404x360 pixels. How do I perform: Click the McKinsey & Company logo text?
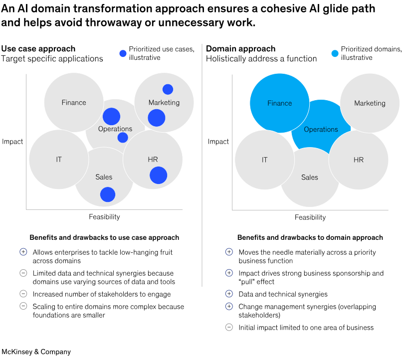pyautogui.click(x=36, y=352)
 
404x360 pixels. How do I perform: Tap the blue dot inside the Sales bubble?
pyautogui.click(x=108, y=194)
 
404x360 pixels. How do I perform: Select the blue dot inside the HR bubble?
pyautogui.click(x=158, y=176)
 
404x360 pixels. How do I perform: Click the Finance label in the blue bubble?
pyautogui.click(x=279, y=103)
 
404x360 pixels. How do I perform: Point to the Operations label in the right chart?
pyautogui.click(x=321, y=130)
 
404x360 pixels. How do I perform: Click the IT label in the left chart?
pyautogui.click(x=59, y=160)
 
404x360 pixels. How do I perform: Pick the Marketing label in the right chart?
pyautogui.click(x=370, y=103)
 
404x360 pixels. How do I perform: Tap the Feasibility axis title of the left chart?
pyautogui.click(x=104, y=217)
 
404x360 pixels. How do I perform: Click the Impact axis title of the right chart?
pyautogui.click(x=218, y=142)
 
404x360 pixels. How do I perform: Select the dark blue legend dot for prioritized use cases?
pyautogui.click(x=123, y=53)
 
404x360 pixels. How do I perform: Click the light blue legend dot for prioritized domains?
pyautogui.click(x=335, y=53)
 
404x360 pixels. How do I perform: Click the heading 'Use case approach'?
pyautogui.click(x=38, y=49)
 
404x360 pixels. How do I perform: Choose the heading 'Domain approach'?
pyautogui.click(x=240, y=49)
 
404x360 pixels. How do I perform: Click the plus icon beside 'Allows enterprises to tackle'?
pyautogui.click(x=23, y=252)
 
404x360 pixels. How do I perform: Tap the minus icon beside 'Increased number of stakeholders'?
pyautogui.click(x=23, y=294)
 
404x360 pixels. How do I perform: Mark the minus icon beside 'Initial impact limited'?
pyautogui.click(x=229, y=328)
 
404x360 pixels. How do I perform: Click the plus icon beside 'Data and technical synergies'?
pyautogui.click(x=229, y=294)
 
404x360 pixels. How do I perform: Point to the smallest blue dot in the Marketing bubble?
pyautogui.click(x=168, y=89)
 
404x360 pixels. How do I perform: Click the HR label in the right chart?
pyautogui.click(x=358, y=160)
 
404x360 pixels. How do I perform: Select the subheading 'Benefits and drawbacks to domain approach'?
pyautogui.click(x=310, y=238)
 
